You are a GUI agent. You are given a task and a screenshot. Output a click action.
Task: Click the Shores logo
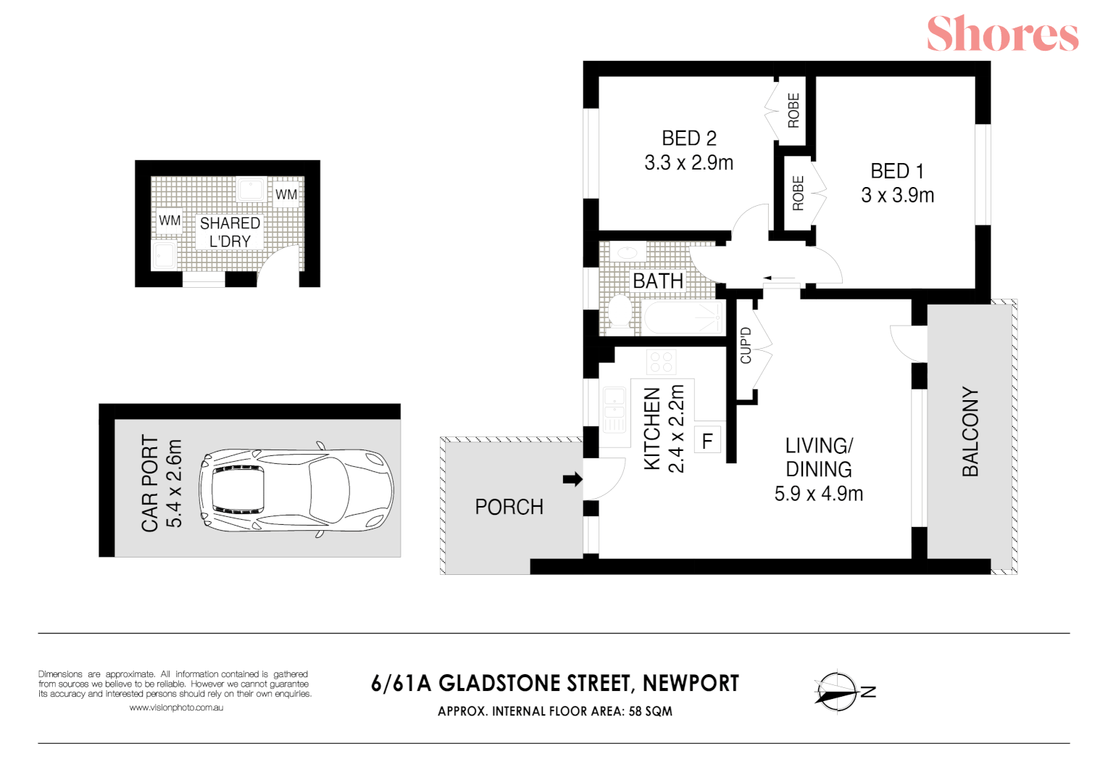coord(1002,33)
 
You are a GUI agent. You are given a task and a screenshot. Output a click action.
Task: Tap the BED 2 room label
coord(689,138)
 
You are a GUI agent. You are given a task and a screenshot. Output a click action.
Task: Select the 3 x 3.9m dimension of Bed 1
coord(897,196)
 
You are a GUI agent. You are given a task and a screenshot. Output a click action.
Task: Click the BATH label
coord(658,281)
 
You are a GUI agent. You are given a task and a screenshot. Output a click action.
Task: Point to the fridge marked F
coord(707,440)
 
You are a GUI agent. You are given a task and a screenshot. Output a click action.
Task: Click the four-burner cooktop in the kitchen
coord(662,361)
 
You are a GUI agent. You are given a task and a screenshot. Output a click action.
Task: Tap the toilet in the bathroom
coord(620,312)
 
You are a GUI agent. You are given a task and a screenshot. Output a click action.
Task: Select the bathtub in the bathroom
coord(682,317)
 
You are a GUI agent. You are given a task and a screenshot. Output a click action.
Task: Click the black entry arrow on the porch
coord(572,478)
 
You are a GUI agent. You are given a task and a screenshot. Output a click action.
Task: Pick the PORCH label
coord(509,507)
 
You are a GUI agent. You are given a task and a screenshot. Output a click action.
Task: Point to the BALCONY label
coord(970,431)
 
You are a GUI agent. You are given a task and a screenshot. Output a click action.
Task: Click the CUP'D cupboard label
coord(746,346)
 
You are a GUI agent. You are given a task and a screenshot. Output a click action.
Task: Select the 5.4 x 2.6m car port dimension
coord(174,484)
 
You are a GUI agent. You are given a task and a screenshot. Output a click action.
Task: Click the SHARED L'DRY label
coord(230,232)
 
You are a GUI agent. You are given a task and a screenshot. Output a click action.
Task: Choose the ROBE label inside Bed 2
coord(793,110)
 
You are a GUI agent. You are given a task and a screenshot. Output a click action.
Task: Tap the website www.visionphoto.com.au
coord(176,708)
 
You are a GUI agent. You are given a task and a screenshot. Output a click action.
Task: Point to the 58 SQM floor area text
coord(651,711)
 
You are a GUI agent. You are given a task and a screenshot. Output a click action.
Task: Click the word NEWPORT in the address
coord(691,684)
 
